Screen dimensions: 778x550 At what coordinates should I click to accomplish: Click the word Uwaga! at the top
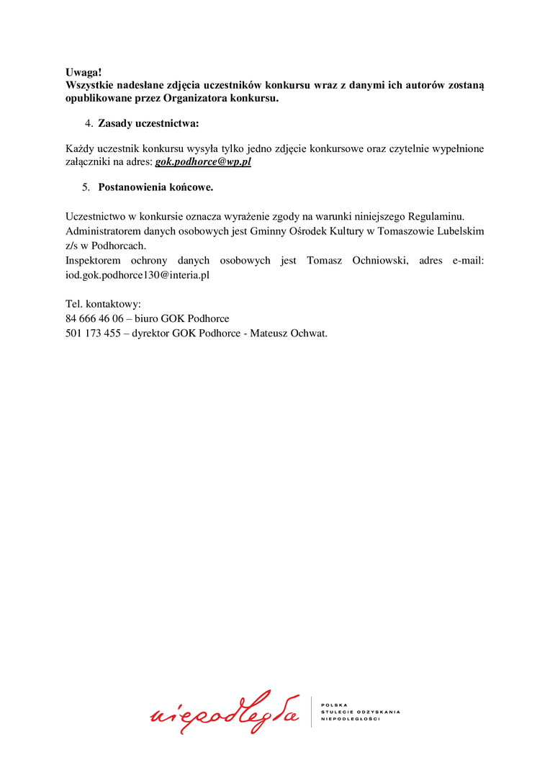pyautogui.click(x=84, y=72)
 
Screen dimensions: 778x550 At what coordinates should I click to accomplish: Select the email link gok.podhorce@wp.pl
pyautogui.click(x=203, y=162)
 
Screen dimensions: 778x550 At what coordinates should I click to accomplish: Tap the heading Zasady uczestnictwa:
pyautogui.click(x=148, y=123)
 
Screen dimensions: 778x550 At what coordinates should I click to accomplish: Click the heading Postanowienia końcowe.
pyautogui.click(x=155, y=187)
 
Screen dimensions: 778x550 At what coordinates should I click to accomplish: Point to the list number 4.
pyautogui.click(x=89, y=123)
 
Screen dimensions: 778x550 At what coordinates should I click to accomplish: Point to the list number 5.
pyautogui.click(x=86, y=187)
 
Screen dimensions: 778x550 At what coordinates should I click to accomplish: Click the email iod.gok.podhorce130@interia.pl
pyautogui.click(x=137, y=274)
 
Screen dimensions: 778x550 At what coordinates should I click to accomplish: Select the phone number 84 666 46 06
pyautogui.click(x=94, y=318)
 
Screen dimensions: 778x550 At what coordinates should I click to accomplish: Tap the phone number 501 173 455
pyautogui.click(x=93, y=333)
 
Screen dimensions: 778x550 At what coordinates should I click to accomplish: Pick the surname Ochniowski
pyautogui.click(x=380, y=260)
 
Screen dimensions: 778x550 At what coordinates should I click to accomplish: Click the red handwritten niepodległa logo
pyautogui.click(x=225, y=712)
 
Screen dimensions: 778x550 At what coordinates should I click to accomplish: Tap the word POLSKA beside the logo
pyautogui.click(x=335, y=705)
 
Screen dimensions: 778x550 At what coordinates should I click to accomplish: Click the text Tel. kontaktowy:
pyautogui.click(x=103, y=304)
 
